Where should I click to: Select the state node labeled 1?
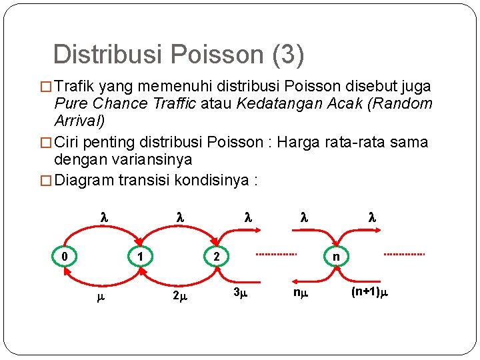139,255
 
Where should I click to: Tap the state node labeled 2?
216,255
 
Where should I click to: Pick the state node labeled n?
336,255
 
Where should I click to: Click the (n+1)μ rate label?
369,291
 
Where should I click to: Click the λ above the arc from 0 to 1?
103,217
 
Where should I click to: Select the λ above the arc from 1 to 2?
179,217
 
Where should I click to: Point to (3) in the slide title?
287,55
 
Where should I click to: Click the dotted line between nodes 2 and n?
277,255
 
